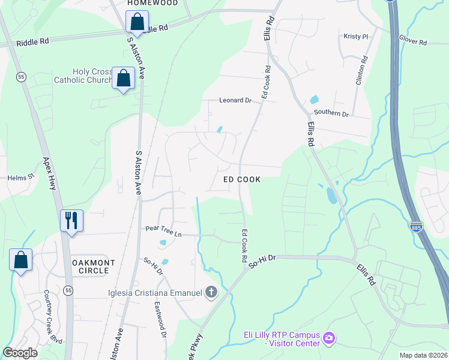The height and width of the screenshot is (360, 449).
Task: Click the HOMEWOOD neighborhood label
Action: (x=152, y=3)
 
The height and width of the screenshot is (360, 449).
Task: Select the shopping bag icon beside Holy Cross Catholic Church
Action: (x=124, y=78)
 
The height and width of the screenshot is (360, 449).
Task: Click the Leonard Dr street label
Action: (x=235, y=100)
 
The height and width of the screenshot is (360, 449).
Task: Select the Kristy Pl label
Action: (x=356, y=37)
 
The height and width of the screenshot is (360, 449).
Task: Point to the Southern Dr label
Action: (x=331, y=113)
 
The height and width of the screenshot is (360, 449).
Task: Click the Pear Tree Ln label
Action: (x=163, y=229)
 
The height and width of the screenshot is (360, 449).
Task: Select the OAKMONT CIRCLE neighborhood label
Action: (x=90, y=266)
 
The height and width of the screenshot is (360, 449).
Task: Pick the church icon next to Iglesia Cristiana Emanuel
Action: (x=211, y=292)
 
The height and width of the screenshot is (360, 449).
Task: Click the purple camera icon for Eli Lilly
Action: (x=328, y=338)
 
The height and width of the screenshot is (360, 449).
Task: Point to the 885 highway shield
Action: (x=417, y=226)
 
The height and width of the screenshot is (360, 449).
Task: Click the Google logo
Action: (x=20, y=352)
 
